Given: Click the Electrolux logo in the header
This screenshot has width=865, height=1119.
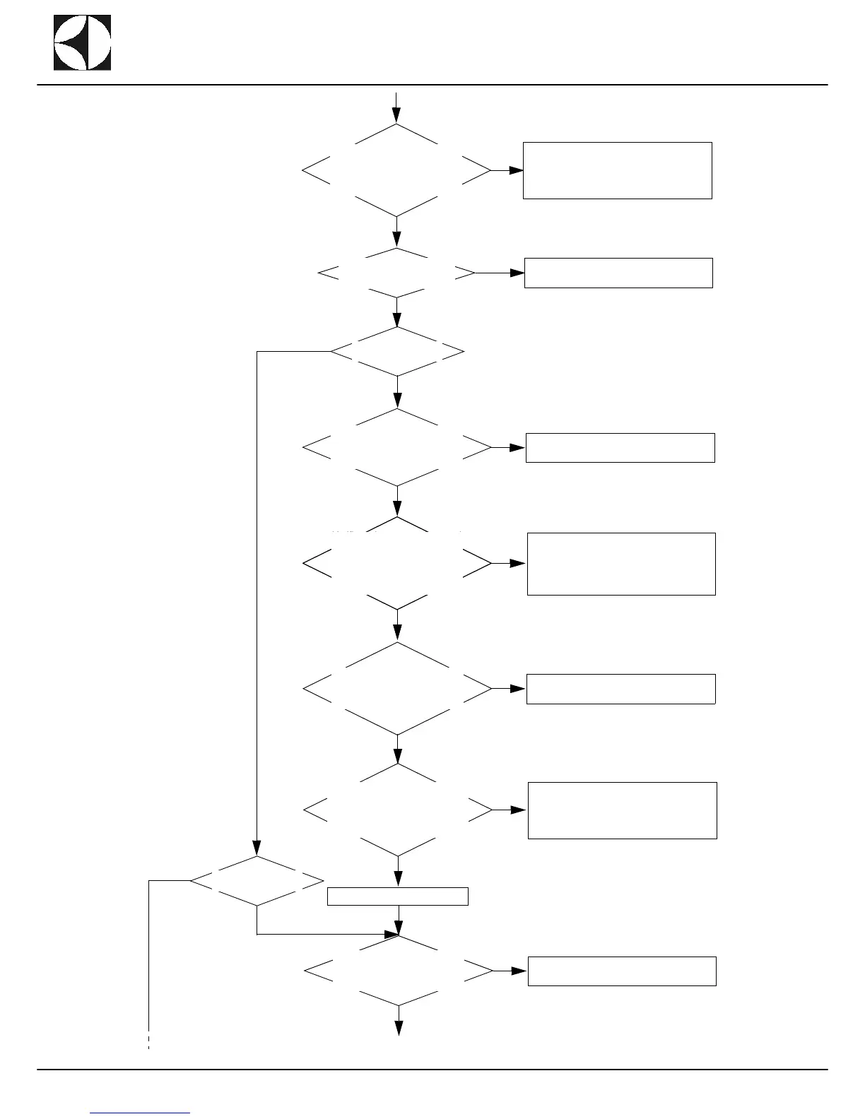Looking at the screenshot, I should (x=82, y=42).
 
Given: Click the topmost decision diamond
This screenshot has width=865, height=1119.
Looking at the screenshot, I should (x=396, y=171).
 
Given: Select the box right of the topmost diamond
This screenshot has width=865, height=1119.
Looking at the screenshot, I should (x=617, y=170).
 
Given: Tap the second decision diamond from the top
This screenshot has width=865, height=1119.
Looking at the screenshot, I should (x=396, y=273).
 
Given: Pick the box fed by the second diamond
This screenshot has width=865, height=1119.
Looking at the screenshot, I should (x=618, y=273).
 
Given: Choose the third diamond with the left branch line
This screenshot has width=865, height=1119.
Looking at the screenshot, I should (x=397, y=351).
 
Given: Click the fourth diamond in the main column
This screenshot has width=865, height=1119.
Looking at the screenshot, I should (x=396, y=447).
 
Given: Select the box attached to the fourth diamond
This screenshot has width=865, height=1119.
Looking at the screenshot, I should (x=620, y=448).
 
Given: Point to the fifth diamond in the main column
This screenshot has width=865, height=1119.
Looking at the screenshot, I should (x=396, y=563).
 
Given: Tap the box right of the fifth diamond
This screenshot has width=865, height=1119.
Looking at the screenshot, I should (x=621, y=564).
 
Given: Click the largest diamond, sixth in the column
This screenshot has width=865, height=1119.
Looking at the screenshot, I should (x=396, y=688).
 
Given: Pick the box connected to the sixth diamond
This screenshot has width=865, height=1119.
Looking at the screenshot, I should (x=620, y=689).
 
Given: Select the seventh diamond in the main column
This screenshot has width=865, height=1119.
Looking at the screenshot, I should (x=397, y=810).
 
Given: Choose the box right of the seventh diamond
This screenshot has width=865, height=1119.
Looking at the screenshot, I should (x=622, y=810).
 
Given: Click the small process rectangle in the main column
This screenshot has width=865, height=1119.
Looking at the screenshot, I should (x=398, y=896).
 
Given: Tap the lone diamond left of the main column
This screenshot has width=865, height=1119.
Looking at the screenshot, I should (x=257, y=881).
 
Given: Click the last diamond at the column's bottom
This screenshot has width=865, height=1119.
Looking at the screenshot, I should (x=398, y=971).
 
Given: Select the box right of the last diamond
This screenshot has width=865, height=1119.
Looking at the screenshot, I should (x=622, y=971).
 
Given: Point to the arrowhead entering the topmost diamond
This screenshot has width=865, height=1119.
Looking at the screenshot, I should (x=396, y=116).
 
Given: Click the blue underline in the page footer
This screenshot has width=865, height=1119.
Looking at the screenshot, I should (x=141, y=1113).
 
